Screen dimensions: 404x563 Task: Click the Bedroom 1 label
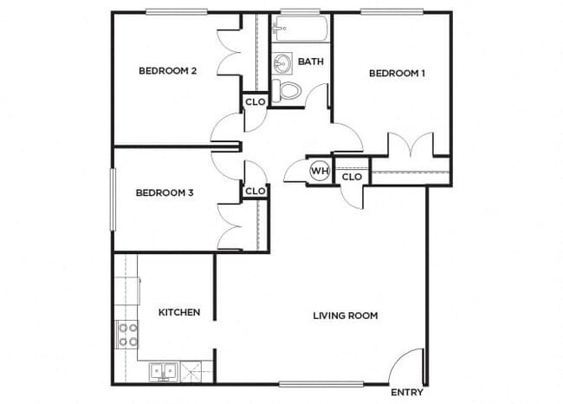397,74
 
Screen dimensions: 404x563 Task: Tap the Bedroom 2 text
167,71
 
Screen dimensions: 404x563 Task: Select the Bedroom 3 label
165,193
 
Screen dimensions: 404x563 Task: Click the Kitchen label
179,312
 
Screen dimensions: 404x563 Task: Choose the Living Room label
345,316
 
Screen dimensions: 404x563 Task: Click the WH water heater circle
320,171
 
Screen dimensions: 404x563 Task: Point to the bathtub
298,31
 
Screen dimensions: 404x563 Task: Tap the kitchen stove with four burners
126,335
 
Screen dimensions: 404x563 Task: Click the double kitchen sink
165,372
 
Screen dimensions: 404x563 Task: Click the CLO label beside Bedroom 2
255,101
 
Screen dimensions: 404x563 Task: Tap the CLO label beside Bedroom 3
255,191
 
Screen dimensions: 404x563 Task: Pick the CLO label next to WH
351,177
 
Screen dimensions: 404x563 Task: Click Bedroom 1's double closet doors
410,145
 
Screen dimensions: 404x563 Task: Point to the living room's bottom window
309,383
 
